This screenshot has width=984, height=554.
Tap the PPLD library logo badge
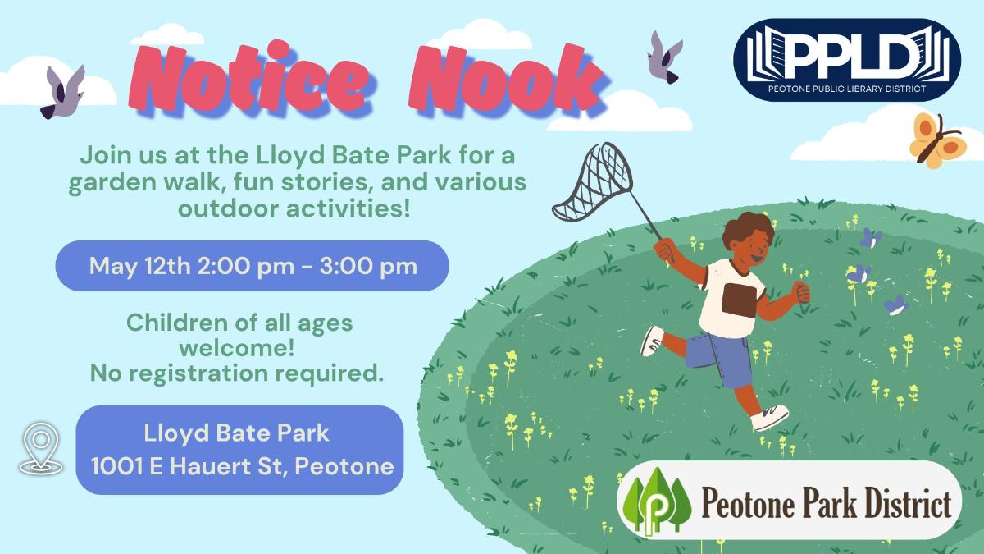(x=847, y=60)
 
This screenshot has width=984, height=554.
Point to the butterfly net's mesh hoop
(x=593, y=181)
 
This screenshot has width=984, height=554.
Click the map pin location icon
(x=41, y=448)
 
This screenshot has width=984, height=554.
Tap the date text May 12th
(x=139, y=266)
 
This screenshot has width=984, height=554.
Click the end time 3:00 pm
(x=368, y=266)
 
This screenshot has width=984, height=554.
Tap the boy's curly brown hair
(x=748, y=230)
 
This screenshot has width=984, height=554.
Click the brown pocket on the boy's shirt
(x=739, y=299)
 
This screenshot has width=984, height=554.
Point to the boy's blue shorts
(x=719, y=359)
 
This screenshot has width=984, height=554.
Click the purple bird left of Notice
(x=62, y=91)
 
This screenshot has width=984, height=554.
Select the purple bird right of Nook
(x=665, y=57)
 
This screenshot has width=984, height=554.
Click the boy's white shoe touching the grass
(x=770, y=417)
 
